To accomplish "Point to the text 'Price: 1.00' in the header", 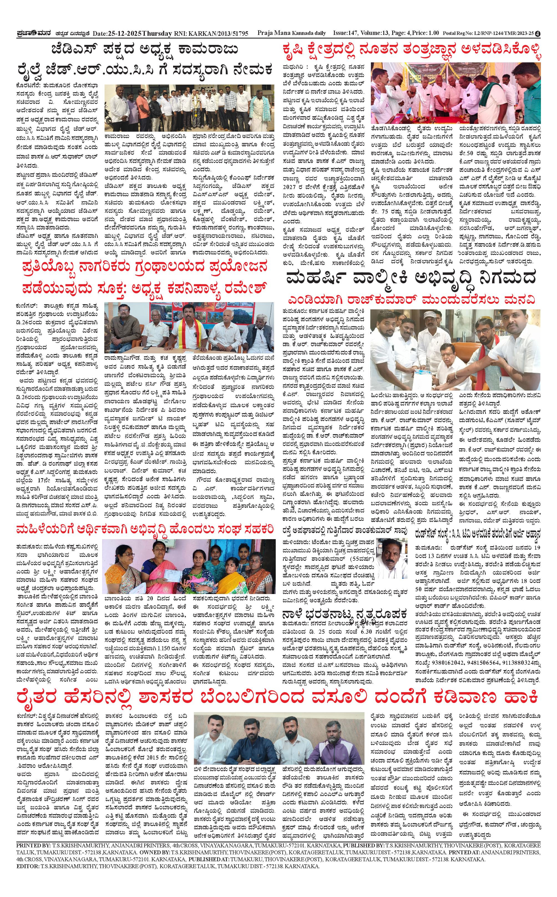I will point(426,33).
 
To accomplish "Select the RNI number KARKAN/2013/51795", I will point(219,34).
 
